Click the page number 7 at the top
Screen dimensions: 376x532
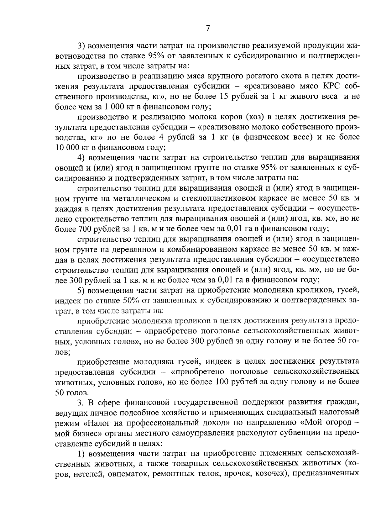point(207,28)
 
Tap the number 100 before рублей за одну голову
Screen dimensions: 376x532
point(222,382)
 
